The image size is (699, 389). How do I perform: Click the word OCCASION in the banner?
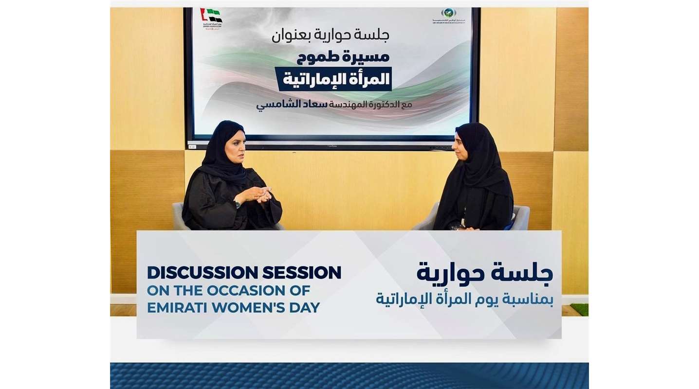coord(248,290)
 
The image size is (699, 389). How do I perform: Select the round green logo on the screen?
coord(448,13)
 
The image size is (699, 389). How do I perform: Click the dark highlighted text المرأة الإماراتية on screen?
coord(334,79)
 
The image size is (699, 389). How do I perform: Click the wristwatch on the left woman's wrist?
coord(237,203)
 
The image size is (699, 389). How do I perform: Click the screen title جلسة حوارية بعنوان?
coord(331,35)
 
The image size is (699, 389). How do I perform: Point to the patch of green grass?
coord(579,310)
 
